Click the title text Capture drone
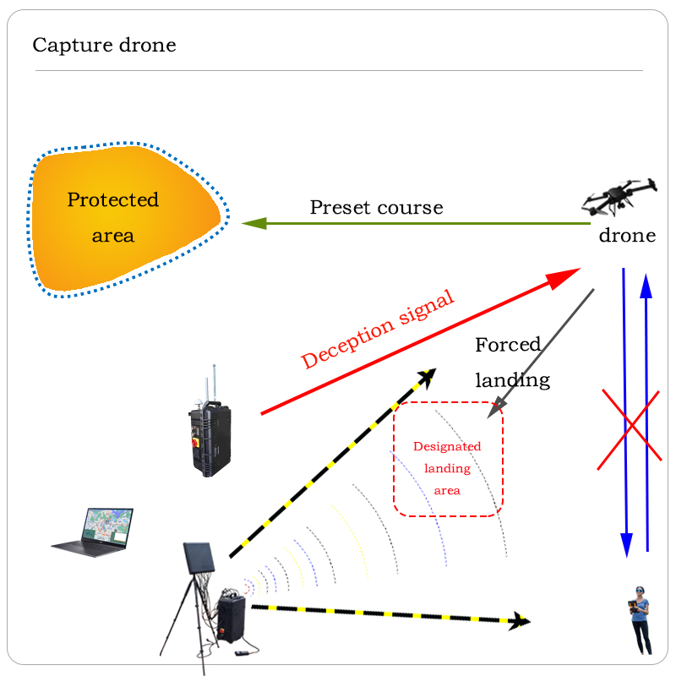(104, 45)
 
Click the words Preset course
(376, 207)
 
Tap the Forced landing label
(510, 362)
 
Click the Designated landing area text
(447, 468)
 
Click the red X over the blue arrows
(629, 428)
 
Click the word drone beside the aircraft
(627, 236)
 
